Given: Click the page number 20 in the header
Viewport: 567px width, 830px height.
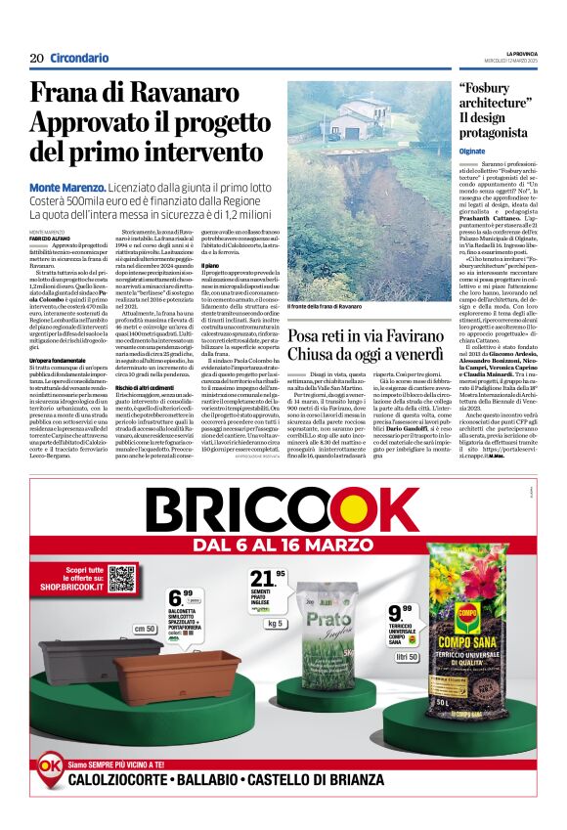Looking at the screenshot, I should click(x=36, y=58).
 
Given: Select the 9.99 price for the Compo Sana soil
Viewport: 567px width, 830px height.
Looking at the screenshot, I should click(x=401, y=613).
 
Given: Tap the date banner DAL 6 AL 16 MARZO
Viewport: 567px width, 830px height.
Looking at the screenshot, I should click(x=283, y=544).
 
